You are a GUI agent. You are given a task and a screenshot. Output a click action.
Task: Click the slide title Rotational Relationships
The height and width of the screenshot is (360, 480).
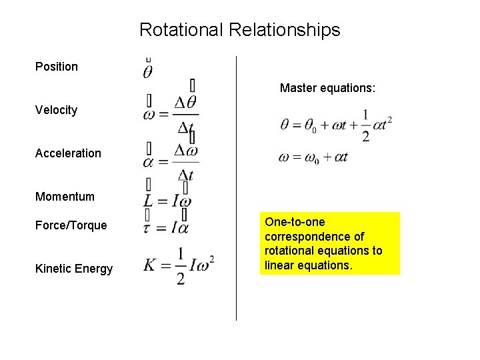(239, 30)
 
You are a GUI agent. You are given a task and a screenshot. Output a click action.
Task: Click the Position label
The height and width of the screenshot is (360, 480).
(57, 67)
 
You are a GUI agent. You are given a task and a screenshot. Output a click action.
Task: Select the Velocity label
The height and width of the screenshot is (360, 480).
(56, 110)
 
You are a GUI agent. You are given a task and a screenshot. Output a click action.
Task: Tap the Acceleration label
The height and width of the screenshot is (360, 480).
(68, 153)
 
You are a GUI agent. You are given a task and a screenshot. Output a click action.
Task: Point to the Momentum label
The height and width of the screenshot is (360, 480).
(65, 197)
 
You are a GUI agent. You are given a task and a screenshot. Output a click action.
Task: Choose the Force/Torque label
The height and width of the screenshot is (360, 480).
(71, 225)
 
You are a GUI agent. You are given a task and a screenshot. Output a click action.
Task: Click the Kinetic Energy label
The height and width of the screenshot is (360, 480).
(74, 269)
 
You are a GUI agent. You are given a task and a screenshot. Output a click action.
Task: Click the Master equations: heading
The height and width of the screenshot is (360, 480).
(328, 88)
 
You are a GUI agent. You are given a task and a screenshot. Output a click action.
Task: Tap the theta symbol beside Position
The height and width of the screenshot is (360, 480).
(148, 70)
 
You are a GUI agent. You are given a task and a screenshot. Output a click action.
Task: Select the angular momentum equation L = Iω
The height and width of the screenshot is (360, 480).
(167, 201)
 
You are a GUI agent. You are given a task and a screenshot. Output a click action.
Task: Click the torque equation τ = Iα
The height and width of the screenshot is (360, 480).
(166, 228)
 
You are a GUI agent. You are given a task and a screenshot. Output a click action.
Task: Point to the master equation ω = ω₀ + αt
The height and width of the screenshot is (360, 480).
(313, 158)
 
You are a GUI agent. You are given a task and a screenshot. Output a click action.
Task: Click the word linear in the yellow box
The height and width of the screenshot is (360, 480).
(279, 265)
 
